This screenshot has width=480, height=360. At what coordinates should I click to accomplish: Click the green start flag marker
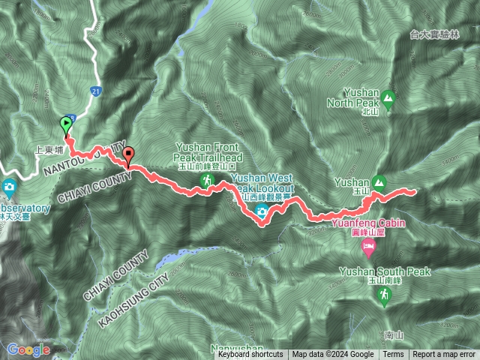pos(66,124)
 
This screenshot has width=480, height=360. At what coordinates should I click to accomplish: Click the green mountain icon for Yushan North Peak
pos(388,97)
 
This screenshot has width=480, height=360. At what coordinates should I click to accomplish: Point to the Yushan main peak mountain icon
pos(379,181)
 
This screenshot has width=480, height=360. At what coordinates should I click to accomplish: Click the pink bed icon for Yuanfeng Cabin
pos(368,245)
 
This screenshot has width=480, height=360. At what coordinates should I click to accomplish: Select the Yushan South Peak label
pos(384,271)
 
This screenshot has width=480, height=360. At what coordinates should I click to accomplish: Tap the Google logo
pos(28,349)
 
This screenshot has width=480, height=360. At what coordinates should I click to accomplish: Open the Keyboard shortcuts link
pos(250,355)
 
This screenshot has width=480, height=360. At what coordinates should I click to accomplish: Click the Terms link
pos(393,355)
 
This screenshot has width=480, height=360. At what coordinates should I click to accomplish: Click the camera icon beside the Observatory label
pos(9,186)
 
